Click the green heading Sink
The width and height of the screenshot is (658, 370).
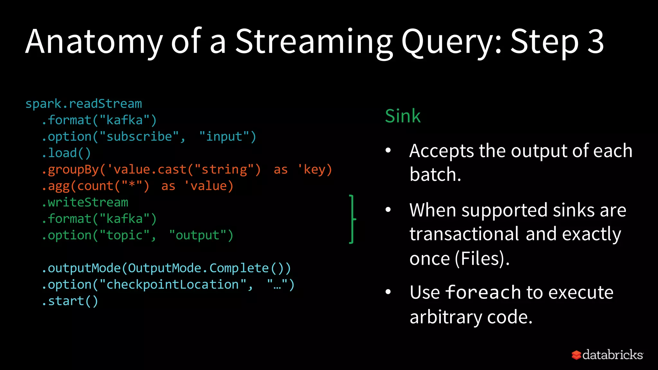403,116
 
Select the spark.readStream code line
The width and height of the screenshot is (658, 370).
84,104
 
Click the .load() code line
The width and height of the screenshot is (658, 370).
66,153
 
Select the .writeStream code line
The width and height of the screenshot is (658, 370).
85,202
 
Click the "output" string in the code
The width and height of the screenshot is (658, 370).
198,235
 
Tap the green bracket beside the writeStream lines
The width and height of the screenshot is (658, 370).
352,219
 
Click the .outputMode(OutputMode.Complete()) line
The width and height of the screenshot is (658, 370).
166,268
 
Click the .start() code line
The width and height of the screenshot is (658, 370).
70,301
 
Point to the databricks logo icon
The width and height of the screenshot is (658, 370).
576,355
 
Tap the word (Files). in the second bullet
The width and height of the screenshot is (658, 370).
482,259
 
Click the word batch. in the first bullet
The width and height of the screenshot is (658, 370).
435,175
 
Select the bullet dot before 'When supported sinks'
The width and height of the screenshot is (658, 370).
388,210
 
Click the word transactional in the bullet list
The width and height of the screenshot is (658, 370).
464,234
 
